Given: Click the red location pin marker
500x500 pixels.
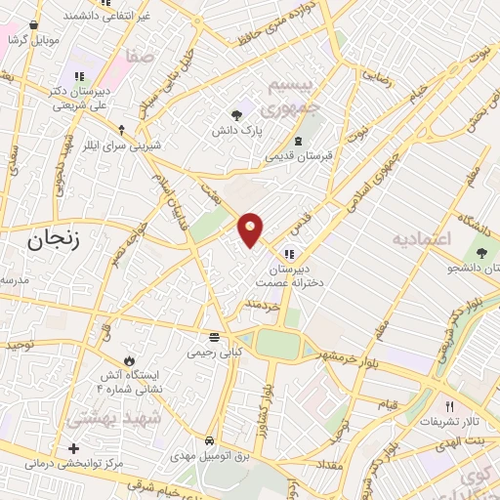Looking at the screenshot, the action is pos(251,229).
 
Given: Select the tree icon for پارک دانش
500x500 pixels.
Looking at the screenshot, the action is pos(237,114).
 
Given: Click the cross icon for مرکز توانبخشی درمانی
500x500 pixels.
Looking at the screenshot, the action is pos(74,448).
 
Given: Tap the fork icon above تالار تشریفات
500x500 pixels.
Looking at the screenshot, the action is pos(449,405).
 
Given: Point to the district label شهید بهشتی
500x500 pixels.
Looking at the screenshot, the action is pos(107,418).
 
